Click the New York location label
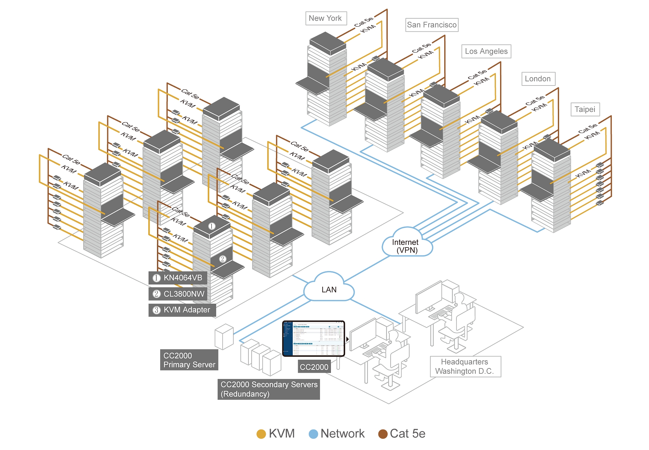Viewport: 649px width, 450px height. click(326, 18)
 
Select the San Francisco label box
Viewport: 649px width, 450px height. click(432, 25)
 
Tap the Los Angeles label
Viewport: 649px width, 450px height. click(486, 51)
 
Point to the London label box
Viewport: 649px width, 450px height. click(538, 79)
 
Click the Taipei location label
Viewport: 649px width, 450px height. click(585, 110)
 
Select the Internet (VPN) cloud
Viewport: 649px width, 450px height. click(406, 245)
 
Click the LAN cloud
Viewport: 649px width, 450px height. click(329, 289)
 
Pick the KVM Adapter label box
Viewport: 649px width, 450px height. click(182, 310)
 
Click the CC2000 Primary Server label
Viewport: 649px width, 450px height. click(189, 360)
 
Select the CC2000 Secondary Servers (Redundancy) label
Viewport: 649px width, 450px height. click(269, 389)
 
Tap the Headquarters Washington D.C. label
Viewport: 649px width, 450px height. click(465, 367)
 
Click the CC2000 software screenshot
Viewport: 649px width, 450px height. click(314, 338)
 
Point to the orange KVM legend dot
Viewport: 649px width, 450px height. click(261, 434)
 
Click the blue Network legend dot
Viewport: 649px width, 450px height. click(313, 434)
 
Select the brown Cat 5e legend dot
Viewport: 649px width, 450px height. click(383, 434)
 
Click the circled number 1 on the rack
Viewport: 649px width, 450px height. click(212, 226)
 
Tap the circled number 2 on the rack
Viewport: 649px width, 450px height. click(223, 259)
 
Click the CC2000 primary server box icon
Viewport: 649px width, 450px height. click(224, 337)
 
